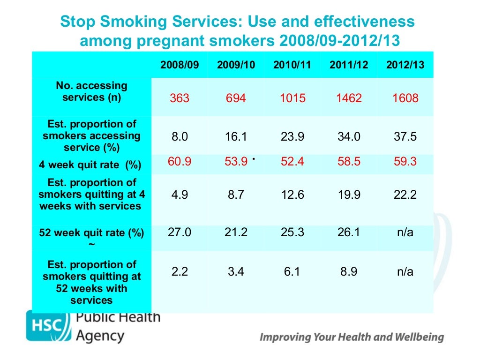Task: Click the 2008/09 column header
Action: pyautogui.click(x=180, y=65)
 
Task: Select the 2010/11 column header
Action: pyautogui.click(x=292, y=65)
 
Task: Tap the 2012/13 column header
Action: pyautogui.click(x=405, y=65)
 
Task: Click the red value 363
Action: pyautogui.click(x=180, y=98)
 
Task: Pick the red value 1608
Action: pyautogui.click(x=405, y=98)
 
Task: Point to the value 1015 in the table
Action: pyautogui.click(x=292, y=98)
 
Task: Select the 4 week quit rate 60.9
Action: pyautogui.click(x=180, y=162)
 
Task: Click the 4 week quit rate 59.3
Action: pyautogui.click(x=405, y=162)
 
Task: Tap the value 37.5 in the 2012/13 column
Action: pyautogui.click(x=405, y=136)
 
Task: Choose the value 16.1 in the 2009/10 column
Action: pyautogui.click(x=236, y=136)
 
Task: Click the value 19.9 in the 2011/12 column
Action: pyautogui.click(x=349, y=195)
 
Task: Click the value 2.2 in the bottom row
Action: pyautogui.click(x=180, y=271)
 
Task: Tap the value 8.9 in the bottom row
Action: pyautogui.click(x=349, y=271)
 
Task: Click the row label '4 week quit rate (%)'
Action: pyautogui.click(x=90, y=165)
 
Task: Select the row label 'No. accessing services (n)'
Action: pyautogui.click(x=91, y=92)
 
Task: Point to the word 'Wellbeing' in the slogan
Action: pyautogui.click(x=420, y=337)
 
